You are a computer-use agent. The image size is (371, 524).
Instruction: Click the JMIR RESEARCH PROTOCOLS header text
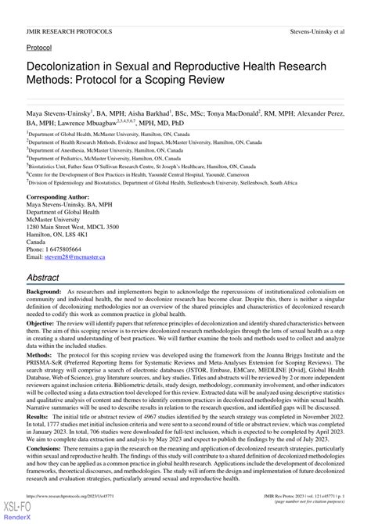point(69,31)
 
